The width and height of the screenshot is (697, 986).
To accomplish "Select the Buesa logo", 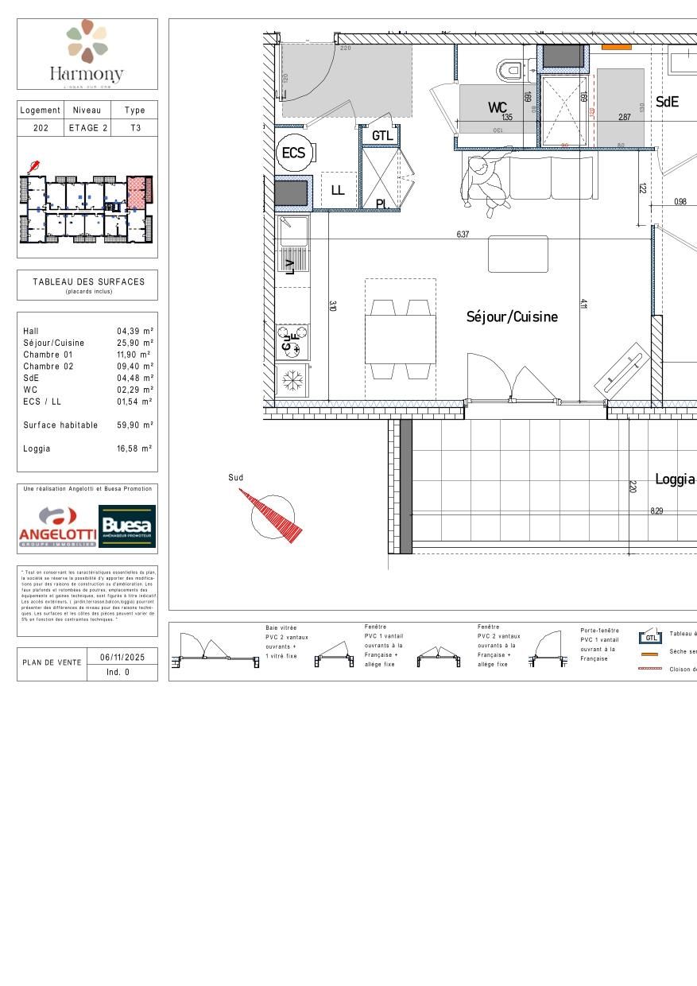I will [127, 526].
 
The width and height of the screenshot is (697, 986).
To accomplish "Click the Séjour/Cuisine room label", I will [512, 316].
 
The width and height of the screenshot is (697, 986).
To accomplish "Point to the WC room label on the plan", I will [498, 107].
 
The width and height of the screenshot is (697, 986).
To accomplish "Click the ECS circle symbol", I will [293, 153].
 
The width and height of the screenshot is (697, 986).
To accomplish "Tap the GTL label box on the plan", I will [382, 136].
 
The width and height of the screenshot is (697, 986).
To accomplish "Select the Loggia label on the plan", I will [675, 479].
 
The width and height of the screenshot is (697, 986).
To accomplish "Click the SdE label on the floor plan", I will [667, 102].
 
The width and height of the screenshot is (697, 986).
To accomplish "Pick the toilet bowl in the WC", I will [510, 71].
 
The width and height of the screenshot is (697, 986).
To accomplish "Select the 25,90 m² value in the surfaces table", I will [135, 343].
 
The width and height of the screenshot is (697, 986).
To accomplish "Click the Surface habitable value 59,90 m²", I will [135, 425].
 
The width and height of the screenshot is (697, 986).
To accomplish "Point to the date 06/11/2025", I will [122, 657].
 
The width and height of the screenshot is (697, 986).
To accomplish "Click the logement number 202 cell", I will [41, 127].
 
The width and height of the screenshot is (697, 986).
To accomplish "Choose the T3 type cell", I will [135, 127].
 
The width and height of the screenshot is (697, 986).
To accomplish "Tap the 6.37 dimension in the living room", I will [463, 234].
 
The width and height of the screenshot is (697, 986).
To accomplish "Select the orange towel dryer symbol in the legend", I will [649, 654].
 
